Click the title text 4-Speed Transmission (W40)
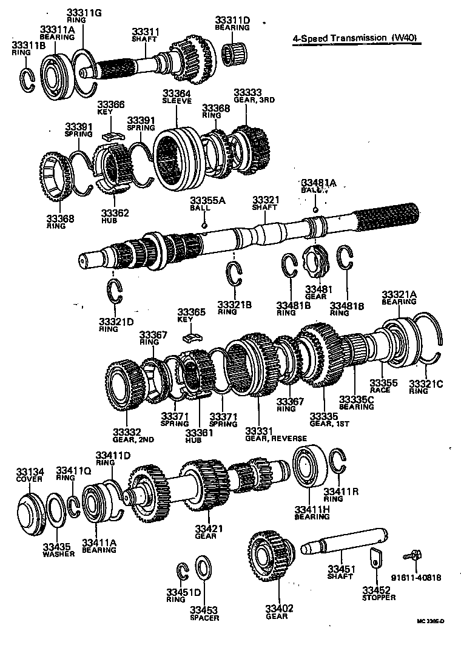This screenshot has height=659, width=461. pyautogui.click(x=357, y=38)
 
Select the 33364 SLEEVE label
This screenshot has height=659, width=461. pyautogui.click(x=177, y=97)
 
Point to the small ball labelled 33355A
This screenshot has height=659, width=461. pyautogui.click(x=205, y=226)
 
